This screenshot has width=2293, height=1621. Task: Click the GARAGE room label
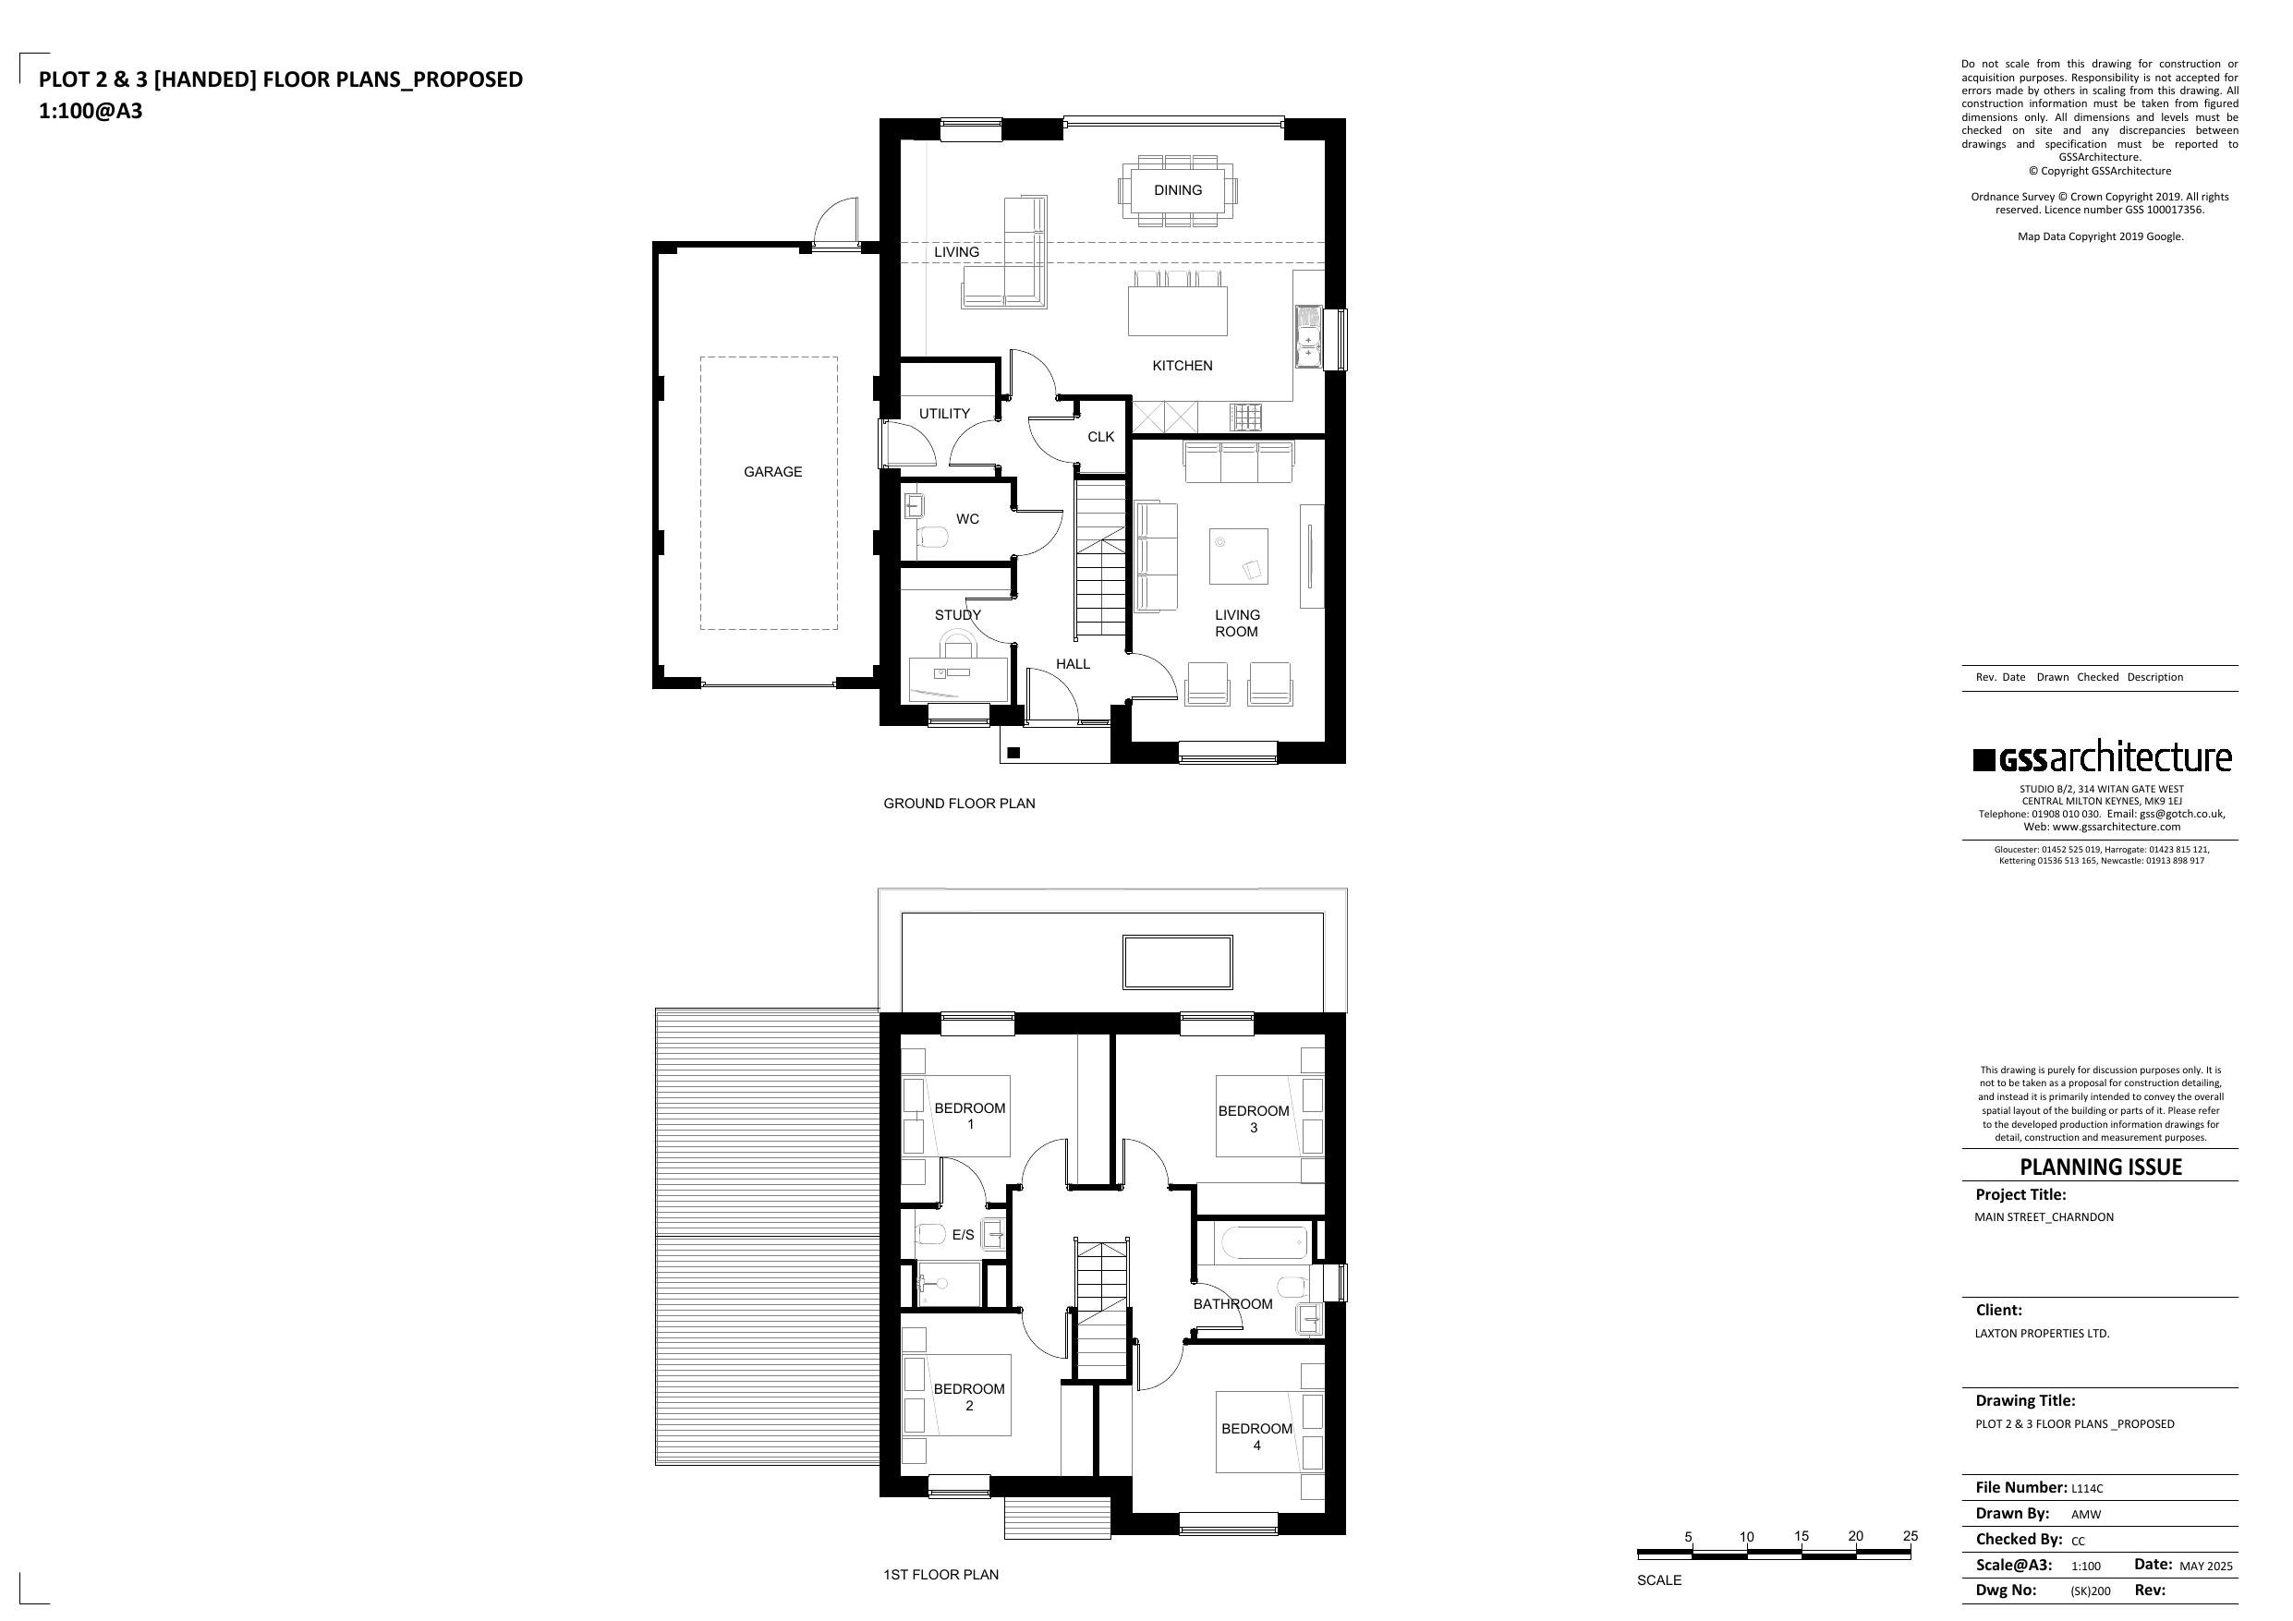point(772,471)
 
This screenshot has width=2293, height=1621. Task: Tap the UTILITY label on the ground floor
point(944,414)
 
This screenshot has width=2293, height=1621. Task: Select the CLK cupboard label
point(1100,437)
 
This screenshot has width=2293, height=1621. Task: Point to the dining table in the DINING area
point(1178,189)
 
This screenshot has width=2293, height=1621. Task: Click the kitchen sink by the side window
point(1307,332)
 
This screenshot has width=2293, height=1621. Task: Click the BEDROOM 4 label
point(1256,1436)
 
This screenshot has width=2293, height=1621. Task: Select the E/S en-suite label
point(963,1236)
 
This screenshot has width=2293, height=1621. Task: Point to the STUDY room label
point(958,614)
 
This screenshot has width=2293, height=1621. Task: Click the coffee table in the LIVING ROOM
point(1238,556)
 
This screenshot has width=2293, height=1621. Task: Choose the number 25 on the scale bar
point(1910,1536)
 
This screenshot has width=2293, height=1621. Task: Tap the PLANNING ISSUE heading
point(2100,1167)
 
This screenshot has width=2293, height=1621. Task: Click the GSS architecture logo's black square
point(1984,760)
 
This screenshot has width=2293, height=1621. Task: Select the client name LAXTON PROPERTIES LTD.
point(2043,1334)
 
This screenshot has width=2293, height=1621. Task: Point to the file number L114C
point(2087,1488)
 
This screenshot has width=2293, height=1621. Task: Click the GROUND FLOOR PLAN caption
point(959,803)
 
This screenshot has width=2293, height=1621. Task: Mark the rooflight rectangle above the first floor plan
point(1178,962)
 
